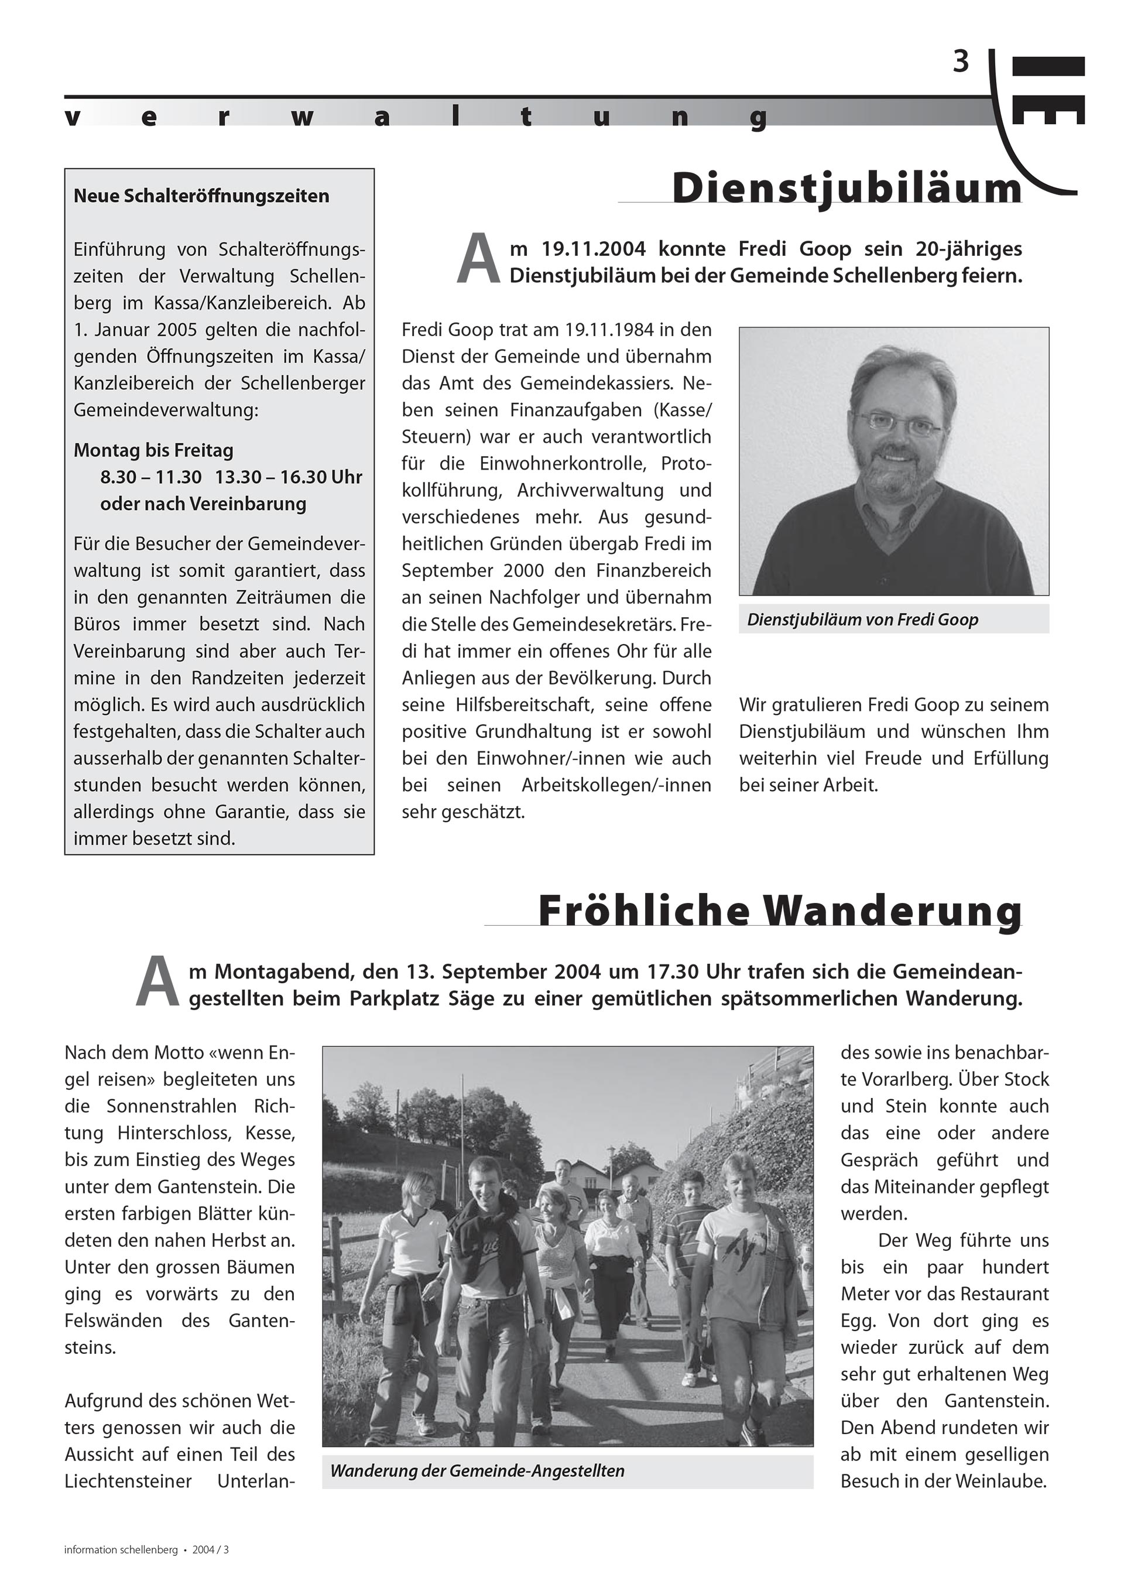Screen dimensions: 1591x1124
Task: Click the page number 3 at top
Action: (x=961, y=63)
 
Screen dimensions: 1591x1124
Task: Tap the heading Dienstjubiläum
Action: (x=847, y=189)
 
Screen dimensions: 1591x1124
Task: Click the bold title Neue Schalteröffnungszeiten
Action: (x=201, y=196)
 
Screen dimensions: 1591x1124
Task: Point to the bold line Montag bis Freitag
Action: (x=153, y=450)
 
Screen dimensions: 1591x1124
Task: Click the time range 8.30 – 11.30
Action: (x=151, y=477)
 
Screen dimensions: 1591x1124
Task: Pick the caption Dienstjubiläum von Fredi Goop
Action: (x=863, y=620)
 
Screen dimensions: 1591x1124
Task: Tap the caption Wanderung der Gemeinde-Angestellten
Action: (x=478, y=1470)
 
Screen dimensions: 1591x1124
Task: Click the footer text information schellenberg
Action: (x=121, y=1549)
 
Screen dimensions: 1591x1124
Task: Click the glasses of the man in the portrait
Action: (x=897, y=423)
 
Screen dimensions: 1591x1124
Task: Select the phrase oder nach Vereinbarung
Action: (x=203, y=504)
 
